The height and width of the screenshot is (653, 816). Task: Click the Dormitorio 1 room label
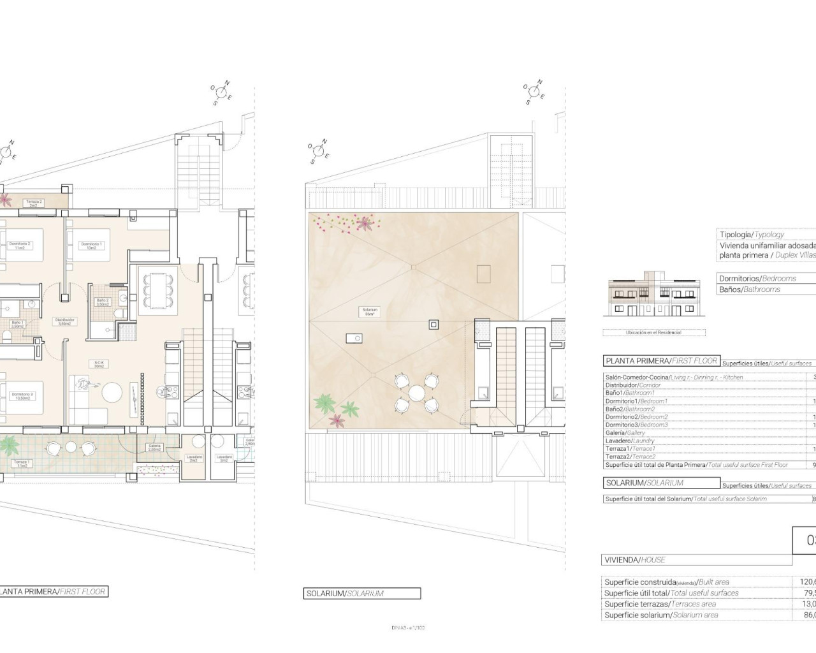pos(91,246)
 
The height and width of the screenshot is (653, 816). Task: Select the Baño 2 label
pos(103,302)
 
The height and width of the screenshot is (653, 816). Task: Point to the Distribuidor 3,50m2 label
pos(64,321)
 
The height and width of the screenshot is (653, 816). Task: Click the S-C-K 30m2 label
pos(99,364)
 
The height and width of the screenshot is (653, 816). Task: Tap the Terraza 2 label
pos(34,203)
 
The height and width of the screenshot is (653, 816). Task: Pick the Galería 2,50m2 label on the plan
pos(155,447)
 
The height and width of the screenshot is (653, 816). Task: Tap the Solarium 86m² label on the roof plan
pos(370,312)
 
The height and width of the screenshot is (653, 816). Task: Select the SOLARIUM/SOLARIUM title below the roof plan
pos(345,594)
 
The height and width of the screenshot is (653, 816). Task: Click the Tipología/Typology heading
pos(752,235)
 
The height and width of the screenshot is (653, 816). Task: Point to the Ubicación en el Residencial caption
pos(654,332)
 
